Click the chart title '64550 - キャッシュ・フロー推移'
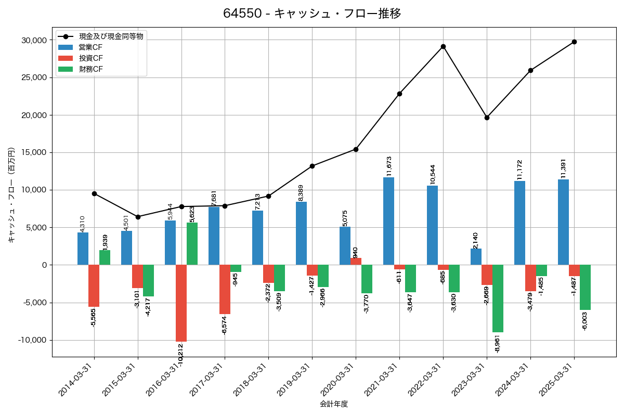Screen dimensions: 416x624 (312, 14)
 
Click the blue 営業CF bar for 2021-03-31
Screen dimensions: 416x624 (388, 221)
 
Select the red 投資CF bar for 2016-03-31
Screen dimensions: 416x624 (181, 303)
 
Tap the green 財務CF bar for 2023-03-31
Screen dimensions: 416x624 (498, 298)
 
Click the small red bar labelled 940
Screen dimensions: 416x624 (356, 262)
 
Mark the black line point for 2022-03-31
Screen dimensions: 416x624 (443, 46)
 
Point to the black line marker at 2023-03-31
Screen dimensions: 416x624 (487, 118)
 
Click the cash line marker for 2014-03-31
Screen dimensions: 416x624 (94, 193)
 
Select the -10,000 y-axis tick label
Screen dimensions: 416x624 (31, 340)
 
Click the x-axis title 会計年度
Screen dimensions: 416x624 (333, 404)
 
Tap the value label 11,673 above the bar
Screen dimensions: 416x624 (388, 165)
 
